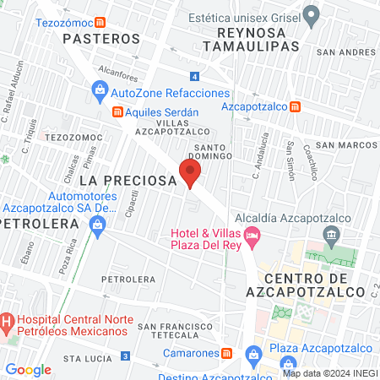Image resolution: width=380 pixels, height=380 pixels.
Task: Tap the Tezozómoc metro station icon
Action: pos(100,22)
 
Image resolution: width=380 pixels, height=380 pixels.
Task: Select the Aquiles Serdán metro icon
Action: pos(118,111)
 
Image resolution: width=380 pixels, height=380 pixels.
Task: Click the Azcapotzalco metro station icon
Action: pos(295,106)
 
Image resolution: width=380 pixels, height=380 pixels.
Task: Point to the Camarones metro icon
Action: pos(226,353)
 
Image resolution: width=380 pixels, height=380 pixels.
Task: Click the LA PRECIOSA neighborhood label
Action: pos(127,181)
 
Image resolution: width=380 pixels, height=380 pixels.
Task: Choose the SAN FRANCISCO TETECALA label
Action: pos(180,329)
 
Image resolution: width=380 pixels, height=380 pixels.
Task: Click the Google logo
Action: pos(28,369)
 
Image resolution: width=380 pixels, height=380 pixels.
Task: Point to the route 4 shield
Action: pos(195,76)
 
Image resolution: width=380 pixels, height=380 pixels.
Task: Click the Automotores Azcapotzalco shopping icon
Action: pos(97,224)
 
